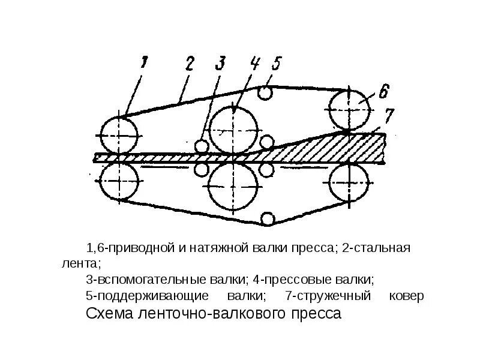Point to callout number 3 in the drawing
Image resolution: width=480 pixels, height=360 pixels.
tap(221, 62)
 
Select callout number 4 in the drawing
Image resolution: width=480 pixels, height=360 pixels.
tap(254, 62)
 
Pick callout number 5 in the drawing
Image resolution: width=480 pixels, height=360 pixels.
tap(275, 62)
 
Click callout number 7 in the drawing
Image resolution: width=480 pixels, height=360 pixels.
tap(389, 114)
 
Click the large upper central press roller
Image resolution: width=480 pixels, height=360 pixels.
tap(235, 128)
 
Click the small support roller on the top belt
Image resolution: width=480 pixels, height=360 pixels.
tap(265, 92)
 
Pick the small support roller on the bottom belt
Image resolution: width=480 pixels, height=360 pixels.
tap(268, 218)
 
